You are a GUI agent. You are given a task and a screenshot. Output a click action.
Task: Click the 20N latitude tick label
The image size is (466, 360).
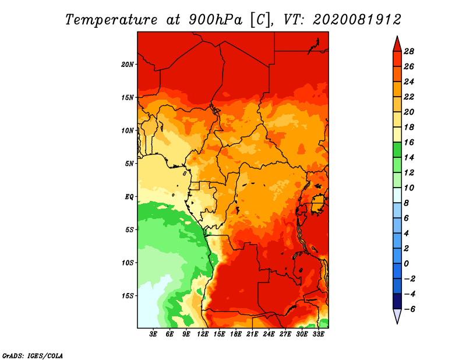click(x=128, y=65)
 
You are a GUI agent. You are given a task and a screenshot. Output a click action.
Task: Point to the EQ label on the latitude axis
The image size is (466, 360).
click(x=129, y=197)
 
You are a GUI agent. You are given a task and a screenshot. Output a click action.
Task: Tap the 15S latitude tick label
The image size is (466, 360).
click(x=128, y=296)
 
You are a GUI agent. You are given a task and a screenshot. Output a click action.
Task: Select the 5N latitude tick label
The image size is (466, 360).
click(x=129, y=164)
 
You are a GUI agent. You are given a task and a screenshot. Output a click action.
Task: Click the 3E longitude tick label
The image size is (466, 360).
click(x=153, y=334)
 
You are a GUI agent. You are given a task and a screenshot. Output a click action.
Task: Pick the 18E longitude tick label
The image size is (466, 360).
click(x=236, y=334)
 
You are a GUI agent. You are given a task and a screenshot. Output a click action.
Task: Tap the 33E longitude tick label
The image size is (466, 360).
click(x=318, y=334)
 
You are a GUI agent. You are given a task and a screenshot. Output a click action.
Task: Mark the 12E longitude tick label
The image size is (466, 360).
click(x=203, y=334)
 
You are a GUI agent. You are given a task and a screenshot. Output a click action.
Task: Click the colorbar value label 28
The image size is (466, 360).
click(x=409, y=51)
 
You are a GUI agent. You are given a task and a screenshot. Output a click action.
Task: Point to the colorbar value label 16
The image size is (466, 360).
click(x=409, y=142)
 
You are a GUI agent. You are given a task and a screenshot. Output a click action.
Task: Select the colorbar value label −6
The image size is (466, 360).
click(x=409, y=309)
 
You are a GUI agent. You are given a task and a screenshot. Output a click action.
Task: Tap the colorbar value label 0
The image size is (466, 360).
click(x=406, y=264)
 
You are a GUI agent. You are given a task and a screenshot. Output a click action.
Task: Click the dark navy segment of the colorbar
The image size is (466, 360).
click(x=397, y=301)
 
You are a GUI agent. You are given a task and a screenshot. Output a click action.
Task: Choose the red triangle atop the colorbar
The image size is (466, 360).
click(x=397, y=45)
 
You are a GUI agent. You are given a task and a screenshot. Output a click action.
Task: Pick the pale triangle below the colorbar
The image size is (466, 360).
click(x=397, y=316)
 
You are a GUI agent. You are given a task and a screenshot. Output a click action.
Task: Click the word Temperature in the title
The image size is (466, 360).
click(x=111, y=20)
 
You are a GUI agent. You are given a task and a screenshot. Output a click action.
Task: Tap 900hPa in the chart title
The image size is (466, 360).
click(x=216, y=20)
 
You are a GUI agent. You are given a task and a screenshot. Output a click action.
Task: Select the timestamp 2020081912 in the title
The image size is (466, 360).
click(x=357, y=20)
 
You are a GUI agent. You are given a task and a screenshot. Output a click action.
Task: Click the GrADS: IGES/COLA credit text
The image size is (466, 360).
click(x=33, y=356)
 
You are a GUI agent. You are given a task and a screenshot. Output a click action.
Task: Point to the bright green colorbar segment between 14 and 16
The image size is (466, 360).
click(x=397, y=150)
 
